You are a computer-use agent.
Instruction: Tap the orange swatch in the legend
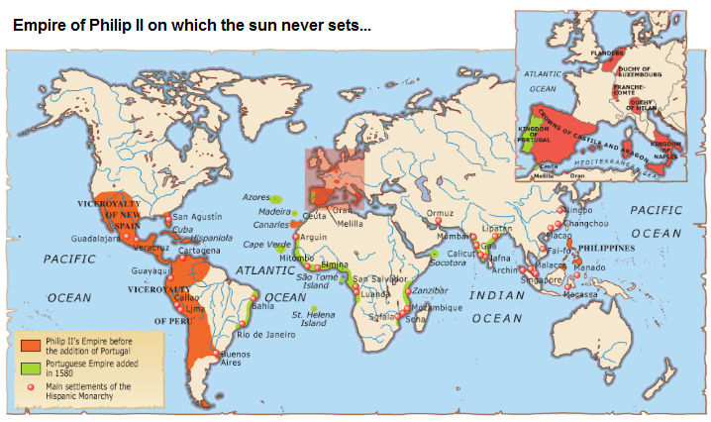click(31, 343)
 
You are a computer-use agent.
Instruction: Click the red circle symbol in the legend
click(31, 388)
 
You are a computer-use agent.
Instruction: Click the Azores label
click(255, 197)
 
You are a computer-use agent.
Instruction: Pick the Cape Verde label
click(264, 244)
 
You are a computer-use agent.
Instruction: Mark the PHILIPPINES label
click(606, 245)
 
